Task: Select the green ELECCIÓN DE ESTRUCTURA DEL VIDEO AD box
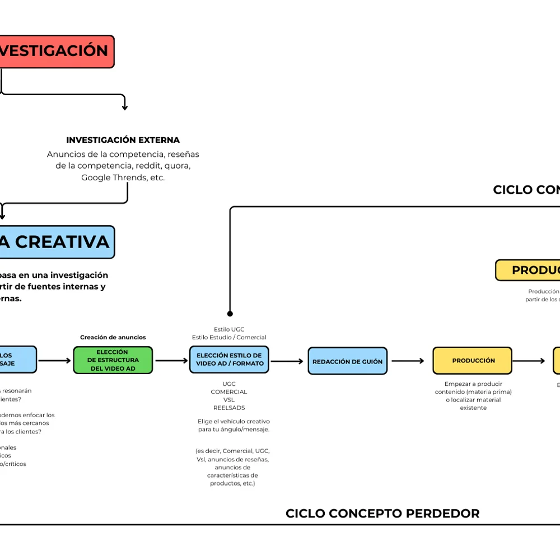click(x=113, y=360)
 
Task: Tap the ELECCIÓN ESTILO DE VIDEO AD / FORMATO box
click(x=228, y=360)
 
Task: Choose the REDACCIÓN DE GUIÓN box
click(x=347, y=362)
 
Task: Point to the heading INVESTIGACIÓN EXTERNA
click(x=123, y=140)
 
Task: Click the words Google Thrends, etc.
click(x=123, y=178)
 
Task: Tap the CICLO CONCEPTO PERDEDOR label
click(x=382, y=514)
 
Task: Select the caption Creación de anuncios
click(x=113, y=337)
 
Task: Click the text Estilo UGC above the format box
click(x=229, y=329)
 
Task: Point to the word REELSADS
click(x=229, y=408)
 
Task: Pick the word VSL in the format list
click(x=229, y=400)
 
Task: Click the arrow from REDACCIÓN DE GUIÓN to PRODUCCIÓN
click(x=408, y=361)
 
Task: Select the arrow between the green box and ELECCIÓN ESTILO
click(x=171, y=361)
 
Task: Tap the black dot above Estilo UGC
click(x=230, y=314)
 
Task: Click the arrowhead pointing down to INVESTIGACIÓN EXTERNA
click(x=124, y=107)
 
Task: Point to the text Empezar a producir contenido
click(x=473, y=388)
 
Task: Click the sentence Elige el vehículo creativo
click(x=234, y=421)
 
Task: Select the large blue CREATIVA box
click(x=56, y=242)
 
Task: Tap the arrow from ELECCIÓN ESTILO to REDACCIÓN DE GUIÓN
click(x=287, y=361)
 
